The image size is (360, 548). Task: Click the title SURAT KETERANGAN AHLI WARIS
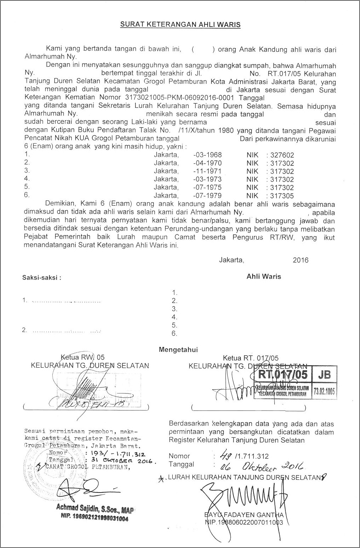[180, 24]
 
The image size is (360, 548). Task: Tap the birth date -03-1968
[208, 155]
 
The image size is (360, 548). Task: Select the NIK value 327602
[282, 155]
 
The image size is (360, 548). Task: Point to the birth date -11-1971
[208, 171]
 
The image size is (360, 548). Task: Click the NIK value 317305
[282, 196]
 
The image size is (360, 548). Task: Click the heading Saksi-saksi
[42, 278]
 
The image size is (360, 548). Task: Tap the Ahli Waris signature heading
[264, 276]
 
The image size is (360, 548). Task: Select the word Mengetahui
[178, 350]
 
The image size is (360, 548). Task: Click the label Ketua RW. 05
[83, 357]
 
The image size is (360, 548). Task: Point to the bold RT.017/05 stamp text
[283, 374]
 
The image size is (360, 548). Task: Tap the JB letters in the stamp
[324, 374]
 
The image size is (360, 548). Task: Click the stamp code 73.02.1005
[324, 391]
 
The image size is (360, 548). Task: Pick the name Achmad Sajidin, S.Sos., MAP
[95, 509]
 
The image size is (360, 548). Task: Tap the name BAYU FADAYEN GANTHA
[244, 515]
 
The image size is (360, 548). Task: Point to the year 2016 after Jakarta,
[301, 260]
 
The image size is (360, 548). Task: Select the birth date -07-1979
[208, 196]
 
